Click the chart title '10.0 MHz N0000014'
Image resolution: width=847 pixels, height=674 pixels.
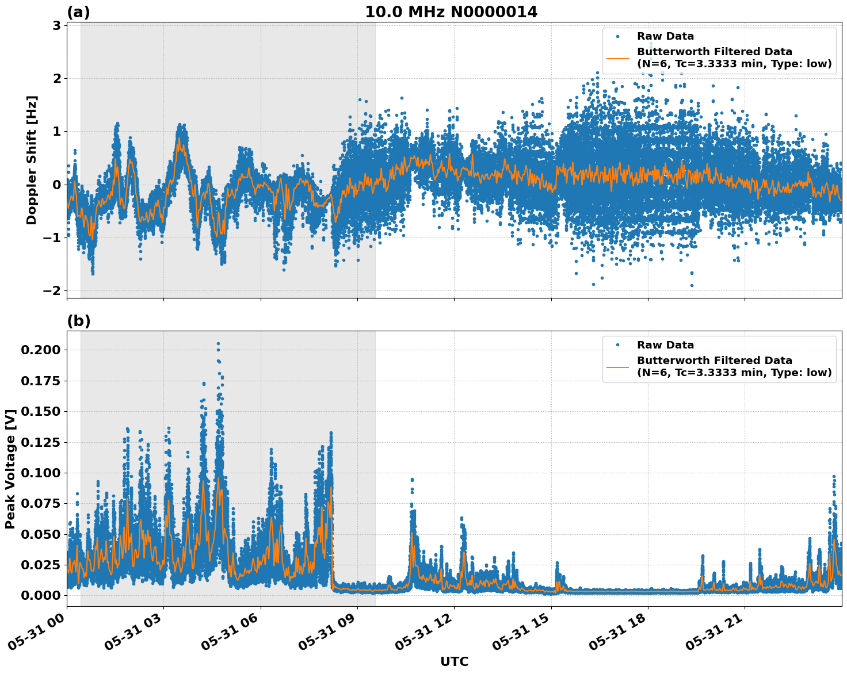point(451,12)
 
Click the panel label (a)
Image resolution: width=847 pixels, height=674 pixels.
point(78,12)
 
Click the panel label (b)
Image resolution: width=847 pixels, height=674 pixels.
point(78,321)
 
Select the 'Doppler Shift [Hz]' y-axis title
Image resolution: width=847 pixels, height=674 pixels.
point(32,160)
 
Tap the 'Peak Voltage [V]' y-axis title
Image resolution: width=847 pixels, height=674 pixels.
point(10,469)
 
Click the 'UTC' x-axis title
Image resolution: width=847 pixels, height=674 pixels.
point(454,661)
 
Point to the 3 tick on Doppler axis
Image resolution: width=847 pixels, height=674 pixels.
point(56,25)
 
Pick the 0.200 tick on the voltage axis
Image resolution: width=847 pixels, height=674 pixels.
point(41,350)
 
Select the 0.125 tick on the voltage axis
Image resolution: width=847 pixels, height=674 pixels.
point(41,442)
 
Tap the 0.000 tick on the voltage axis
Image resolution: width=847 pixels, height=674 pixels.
point(41,595)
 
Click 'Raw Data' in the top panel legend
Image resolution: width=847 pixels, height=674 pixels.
point(665,36)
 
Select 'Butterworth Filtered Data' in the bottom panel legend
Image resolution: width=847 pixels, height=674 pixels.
point(714,361)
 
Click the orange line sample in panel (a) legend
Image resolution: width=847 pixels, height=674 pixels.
point(617,58)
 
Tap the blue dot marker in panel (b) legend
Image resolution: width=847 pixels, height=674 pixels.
point(617,345)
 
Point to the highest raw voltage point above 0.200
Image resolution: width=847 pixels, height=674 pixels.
point(218,343)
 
